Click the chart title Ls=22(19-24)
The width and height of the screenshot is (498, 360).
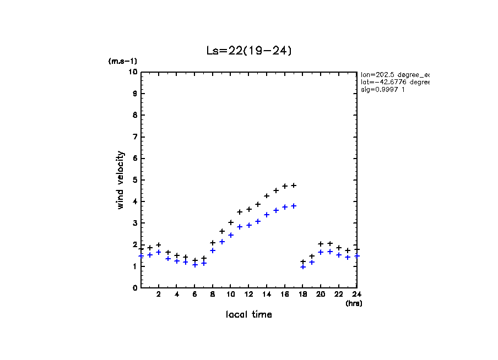(248, 51)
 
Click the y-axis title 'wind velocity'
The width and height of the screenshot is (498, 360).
(121, 180)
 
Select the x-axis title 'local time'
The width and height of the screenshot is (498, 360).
(248, 314)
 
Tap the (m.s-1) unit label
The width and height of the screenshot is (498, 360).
(122, 62)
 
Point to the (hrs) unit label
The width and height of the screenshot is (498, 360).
(353, 303)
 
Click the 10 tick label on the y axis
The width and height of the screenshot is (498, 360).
(132, 72)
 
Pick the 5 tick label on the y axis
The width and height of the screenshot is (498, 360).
(134, 180)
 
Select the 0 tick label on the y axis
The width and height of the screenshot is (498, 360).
(134, 287)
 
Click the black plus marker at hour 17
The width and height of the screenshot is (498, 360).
(294, 186)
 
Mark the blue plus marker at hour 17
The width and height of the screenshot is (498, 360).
(294, 206)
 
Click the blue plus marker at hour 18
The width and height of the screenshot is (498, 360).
(303, 267)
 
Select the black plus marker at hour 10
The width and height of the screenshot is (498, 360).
(231, 222)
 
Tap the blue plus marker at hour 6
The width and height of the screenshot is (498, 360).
(195, 265)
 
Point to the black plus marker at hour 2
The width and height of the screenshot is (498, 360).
(159, 245)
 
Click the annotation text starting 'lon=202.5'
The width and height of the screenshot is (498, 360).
(394, 74)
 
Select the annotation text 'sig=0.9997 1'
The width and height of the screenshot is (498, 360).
(383, 89)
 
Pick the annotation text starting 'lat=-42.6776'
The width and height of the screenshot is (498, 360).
(394, 81)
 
